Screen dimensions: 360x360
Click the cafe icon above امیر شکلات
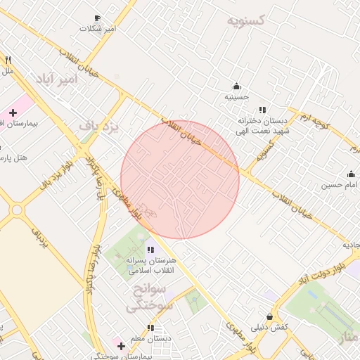97,18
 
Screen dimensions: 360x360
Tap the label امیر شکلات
97,30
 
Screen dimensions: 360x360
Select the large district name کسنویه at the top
245,20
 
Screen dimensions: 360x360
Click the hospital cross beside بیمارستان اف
13,113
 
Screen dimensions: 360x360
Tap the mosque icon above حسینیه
236,86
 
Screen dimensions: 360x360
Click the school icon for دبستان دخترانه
262,110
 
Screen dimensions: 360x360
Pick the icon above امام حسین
351,174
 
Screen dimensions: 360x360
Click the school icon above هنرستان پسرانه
150,250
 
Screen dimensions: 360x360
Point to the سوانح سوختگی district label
147,297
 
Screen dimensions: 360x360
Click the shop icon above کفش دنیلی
270,317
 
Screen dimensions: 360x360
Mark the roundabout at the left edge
15,210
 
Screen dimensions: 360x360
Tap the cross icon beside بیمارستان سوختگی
121,346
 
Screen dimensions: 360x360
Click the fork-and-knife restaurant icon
8,60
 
